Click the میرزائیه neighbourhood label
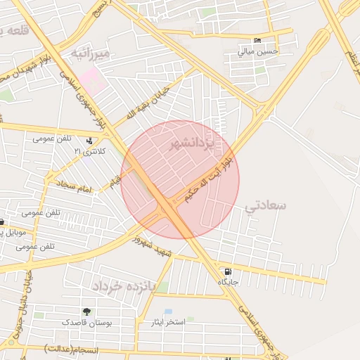(91, 54)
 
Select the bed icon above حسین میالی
(257, 40)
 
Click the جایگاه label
(228, 282)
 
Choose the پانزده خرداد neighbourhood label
(120, 286)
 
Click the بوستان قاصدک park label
(84, 322)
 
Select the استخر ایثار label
(167, 322)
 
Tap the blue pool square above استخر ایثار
(168, 311)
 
